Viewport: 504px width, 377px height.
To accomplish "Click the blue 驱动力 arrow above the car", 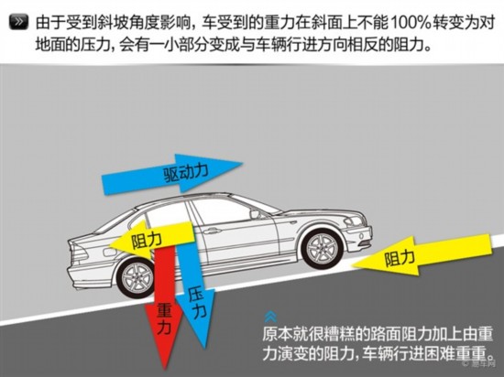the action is [172, 174].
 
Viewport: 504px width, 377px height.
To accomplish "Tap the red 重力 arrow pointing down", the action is [164, 305].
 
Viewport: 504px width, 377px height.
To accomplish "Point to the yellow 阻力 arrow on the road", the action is [422, 255].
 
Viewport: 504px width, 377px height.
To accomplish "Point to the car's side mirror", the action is [255, 214].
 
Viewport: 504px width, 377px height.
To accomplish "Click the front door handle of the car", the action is [210, 231].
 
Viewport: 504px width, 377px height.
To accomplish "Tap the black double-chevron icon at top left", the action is [19, 22].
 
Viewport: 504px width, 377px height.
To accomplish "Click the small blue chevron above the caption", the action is [270, 317].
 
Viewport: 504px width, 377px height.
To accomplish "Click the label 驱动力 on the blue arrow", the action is [186, 174].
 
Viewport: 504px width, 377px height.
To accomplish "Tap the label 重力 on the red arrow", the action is [164, 319].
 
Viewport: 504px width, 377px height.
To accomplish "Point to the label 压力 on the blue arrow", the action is [197, 303].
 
